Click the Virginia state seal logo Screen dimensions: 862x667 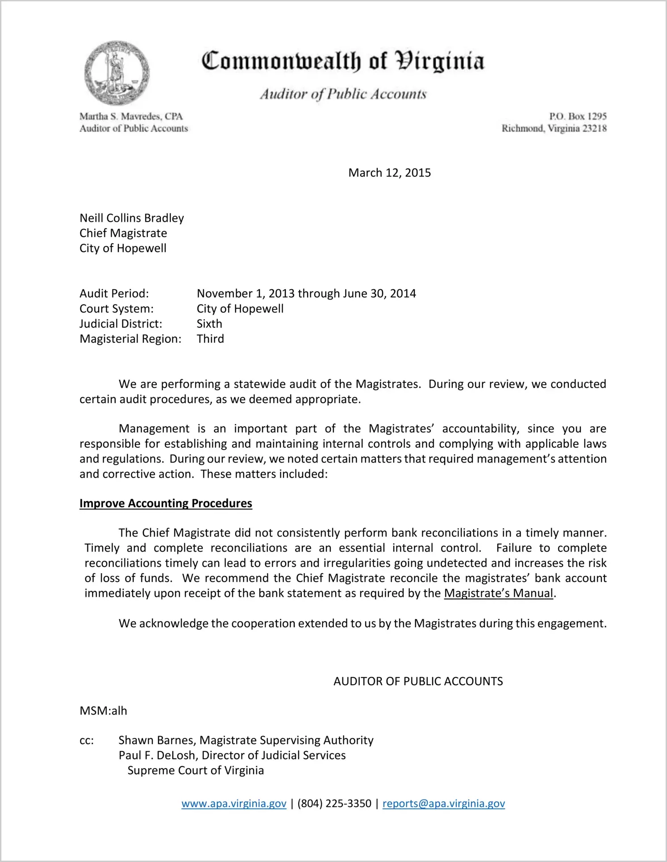click(x=117, y=73)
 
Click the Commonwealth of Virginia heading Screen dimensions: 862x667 click(x=343, y=62)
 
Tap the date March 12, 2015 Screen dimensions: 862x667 click(x=389, y=173)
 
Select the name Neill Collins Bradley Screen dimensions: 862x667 click(x=132, y=218)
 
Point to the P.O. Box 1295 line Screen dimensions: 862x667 click(x=578, y=116)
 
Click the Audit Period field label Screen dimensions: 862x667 click(x=114, y=293)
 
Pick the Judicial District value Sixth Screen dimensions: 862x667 click(x=209, y=324)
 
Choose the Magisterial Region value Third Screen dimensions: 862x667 click(x=210, y=339)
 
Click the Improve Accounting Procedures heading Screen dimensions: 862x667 click(x=166, y=503)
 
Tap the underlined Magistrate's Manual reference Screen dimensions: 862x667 click(x=499, y=593)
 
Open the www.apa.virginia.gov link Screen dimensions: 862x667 click(x=234, y=804)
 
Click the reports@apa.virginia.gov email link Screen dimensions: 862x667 click(x=444, y=804)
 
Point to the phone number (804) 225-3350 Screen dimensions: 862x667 click(x=334, y=804)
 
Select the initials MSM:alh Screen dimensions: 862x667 click(x=103, y=711)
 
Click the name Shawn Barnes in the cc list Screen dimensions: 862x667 click(x=157, y=740)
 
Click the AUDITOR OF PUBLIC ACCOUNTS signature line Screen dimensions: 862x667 click(x=418, y=681)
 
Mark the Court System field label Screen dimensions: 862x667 click(x=117, y=308)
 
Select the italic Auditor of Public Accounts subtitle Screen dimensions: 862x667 click(x=343, y=94)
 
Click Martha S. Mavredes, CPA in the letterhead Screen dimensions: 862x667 click(x=131, y=117)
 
